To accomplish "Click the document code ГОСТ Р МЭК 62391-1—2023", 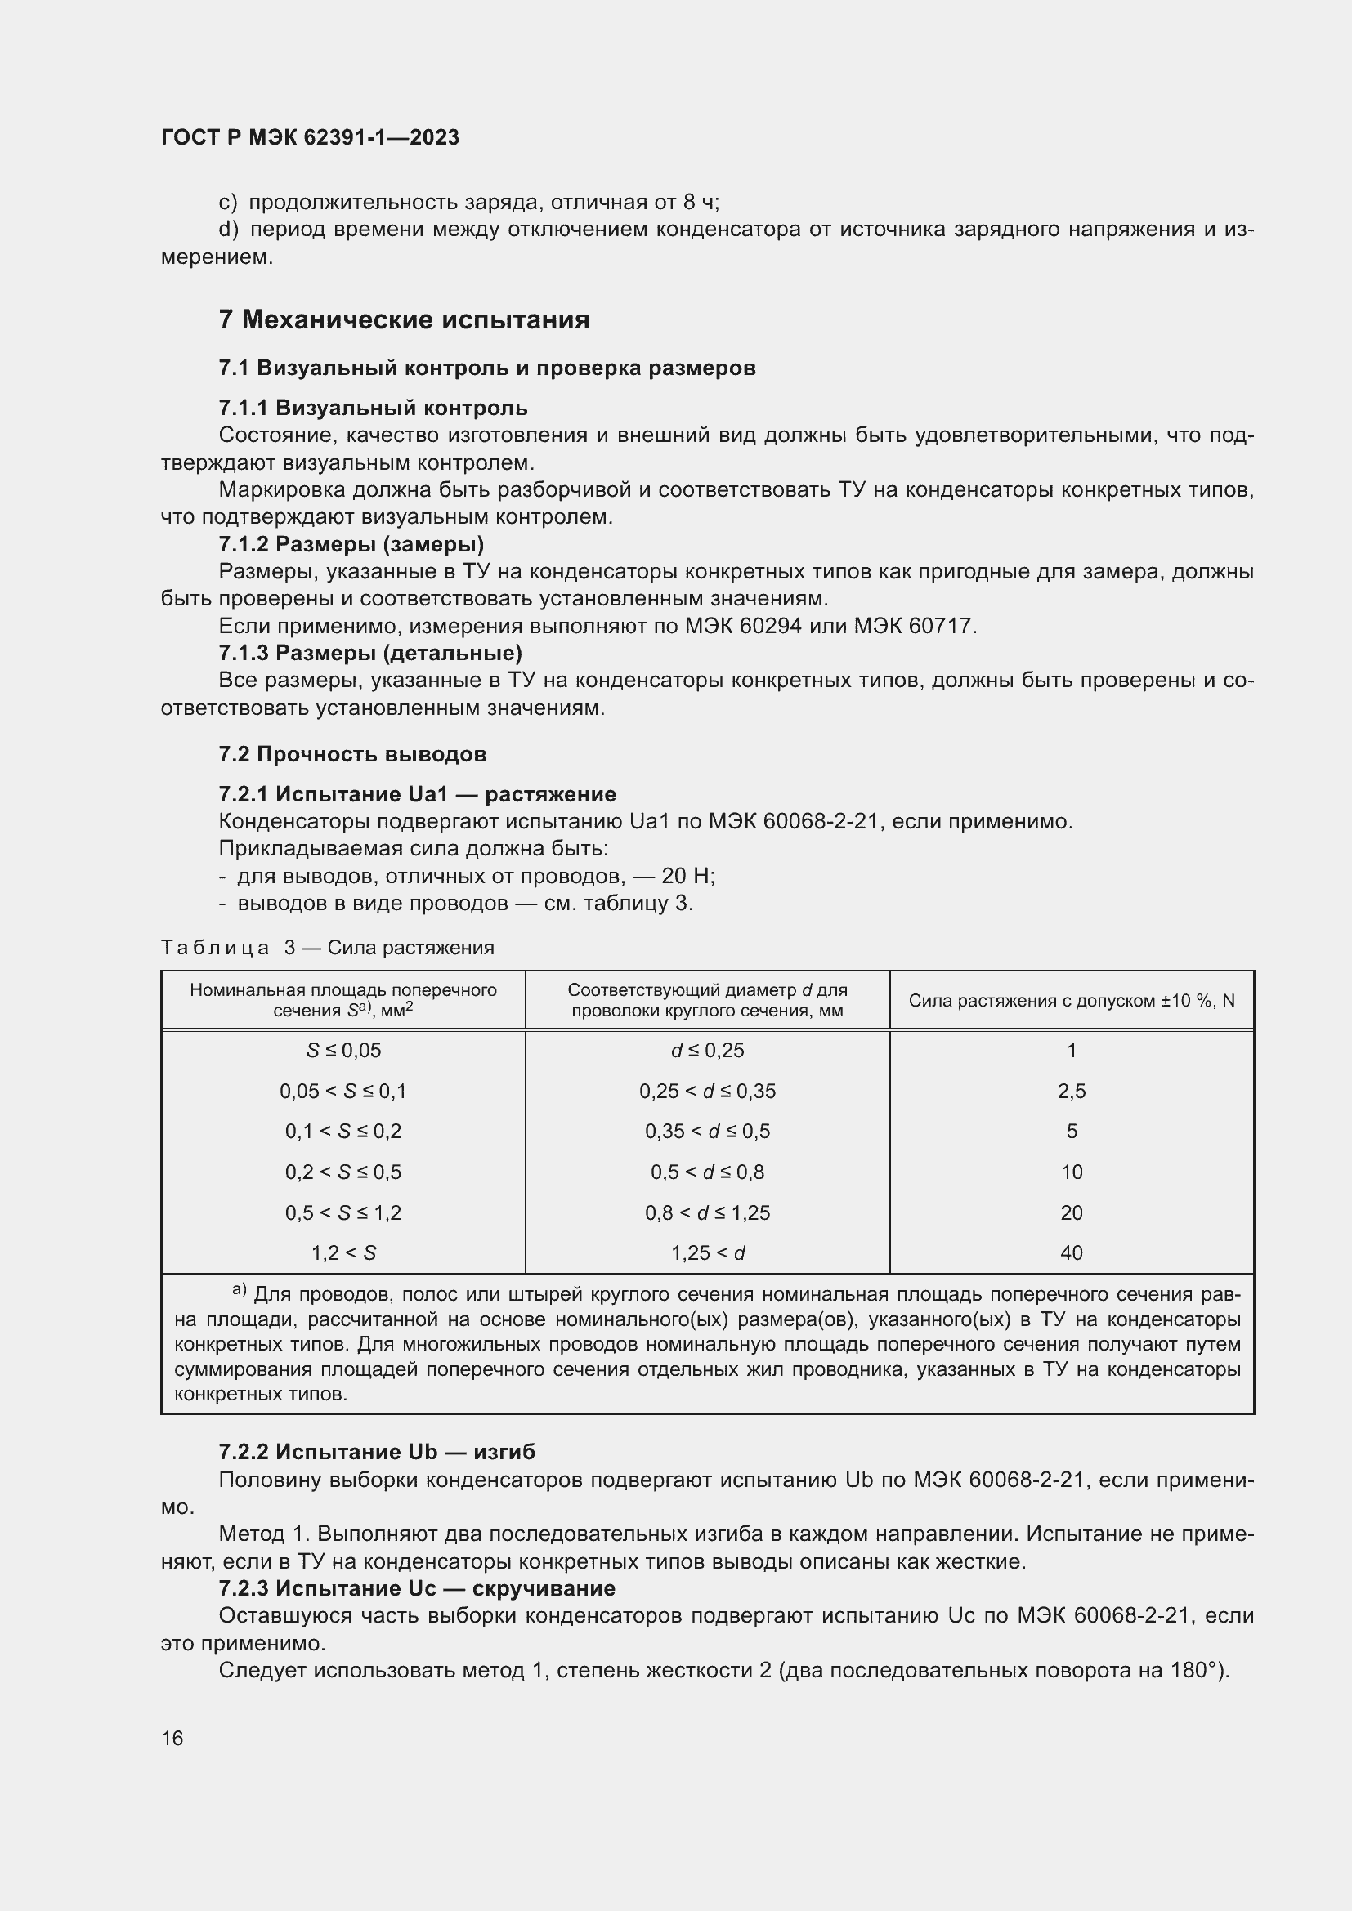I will [310, 137].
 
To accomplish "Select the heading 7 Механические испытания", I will [404, 319].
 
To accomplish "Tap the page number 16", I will [172, 1738].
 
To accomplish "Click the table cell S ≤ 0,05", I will [343, 1051].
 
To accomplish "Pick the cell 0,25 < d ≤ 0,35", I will [707, 1092].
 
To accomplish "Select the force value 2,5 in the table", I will [1071, 1092].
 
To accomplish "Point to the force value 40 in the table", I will [1071, 1252].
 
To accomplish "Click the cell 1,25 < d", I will [707, 1252].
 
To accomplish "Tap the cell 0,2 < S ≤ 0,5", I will [343, 1172].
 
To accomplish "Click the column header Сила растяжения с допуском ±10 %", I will [1071, 1001].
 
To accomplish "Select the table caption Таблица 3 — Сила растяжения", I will [327, 948].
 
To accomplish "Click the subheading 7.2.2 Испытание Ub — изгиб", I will [377, 1453].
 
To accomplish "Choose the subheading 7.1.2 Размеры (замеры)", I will [351, 544].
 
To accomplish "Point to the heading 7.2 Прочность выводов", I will [352, 754].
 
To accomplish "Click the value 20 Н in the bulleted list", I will [687, 877].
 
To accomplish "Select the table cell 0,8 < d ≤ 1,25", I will [707, 1212].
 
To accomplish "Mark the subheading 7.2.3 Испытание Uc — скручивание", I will [416, 1588].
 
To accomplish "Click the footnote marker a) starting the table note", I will [240, 1291].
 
